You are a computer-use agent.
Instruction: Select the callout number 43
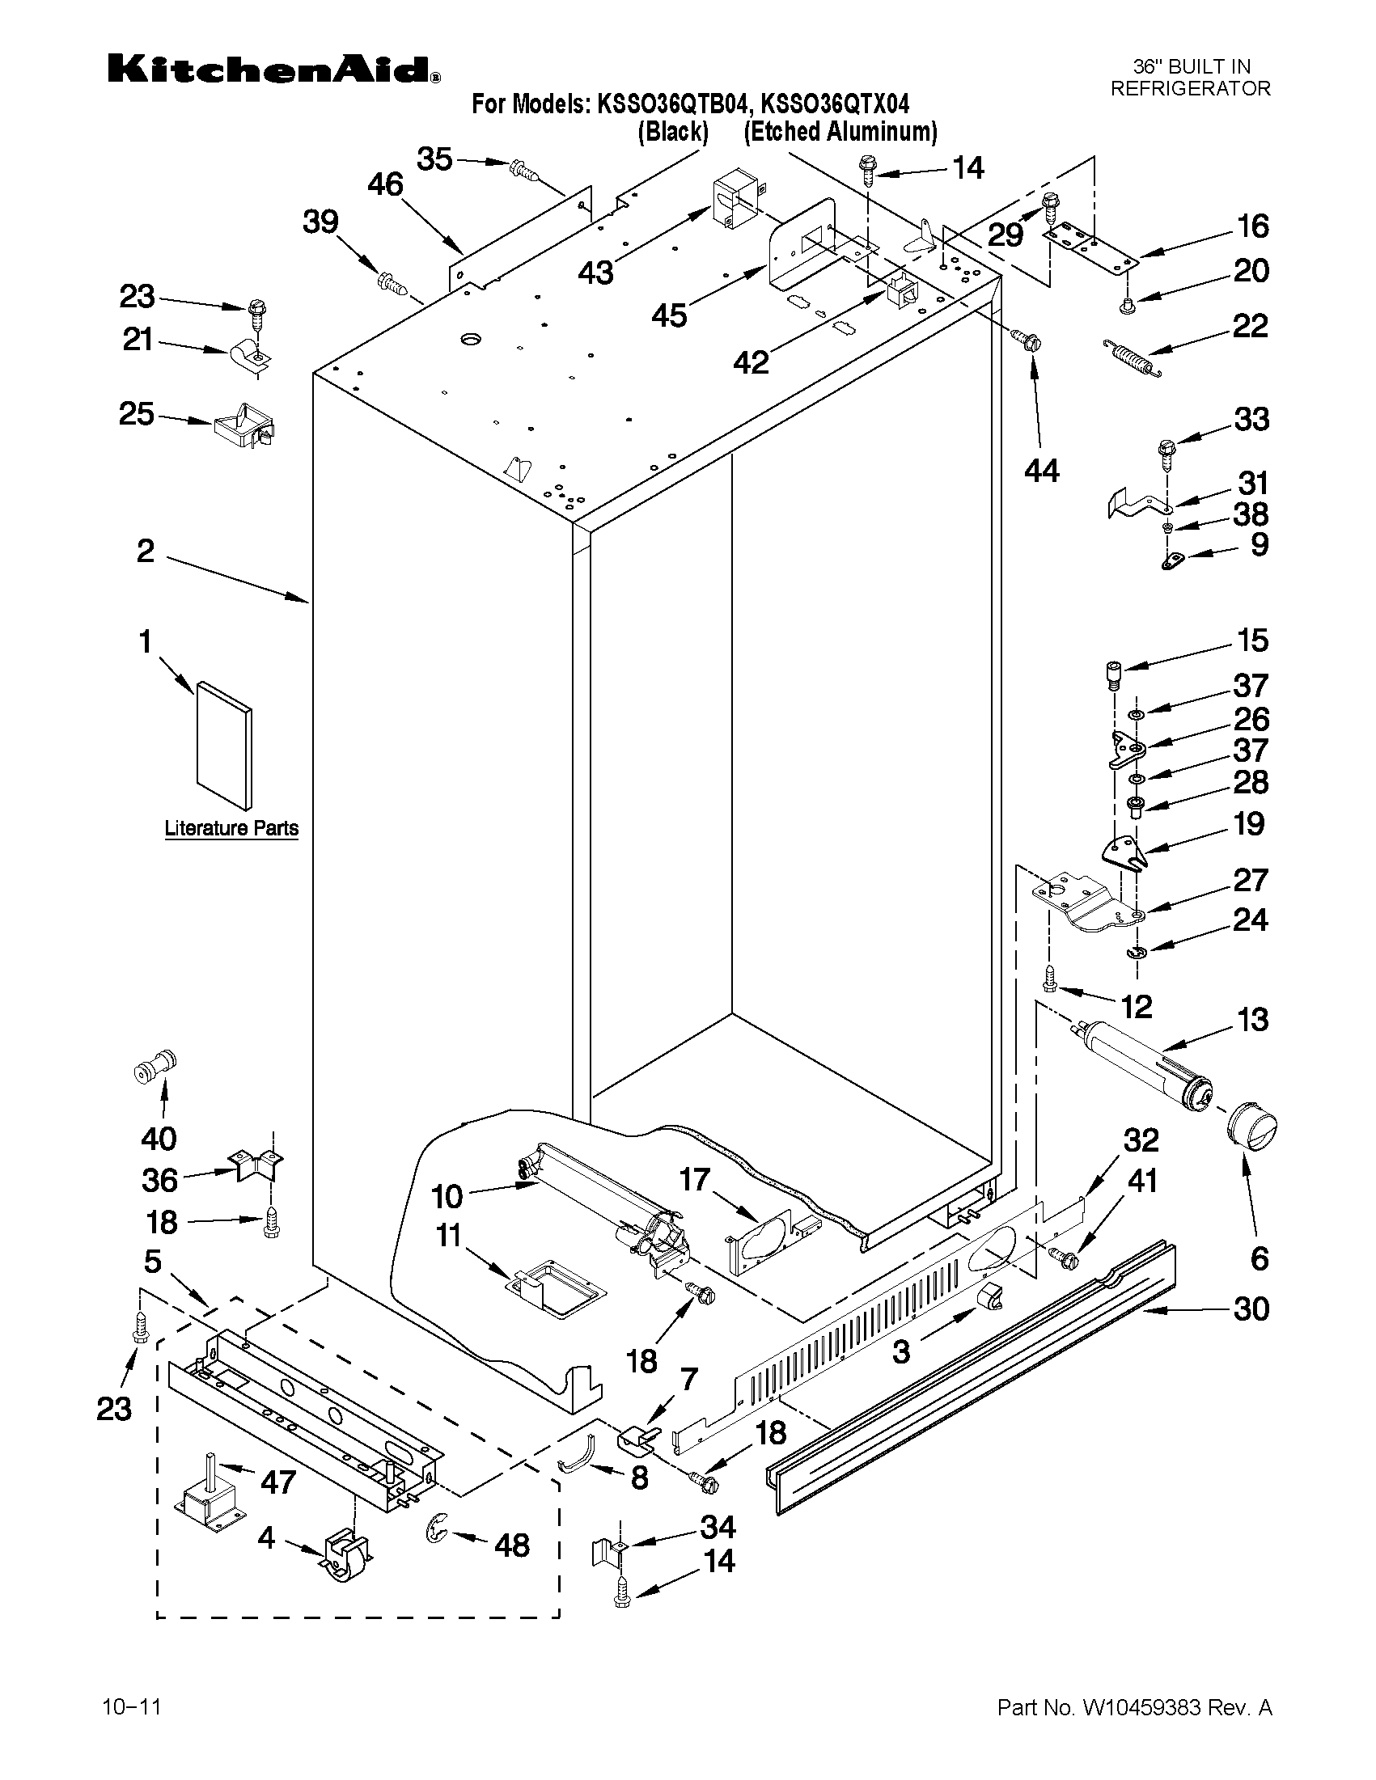595,273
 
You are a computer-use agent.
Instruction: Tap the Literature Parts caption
231,828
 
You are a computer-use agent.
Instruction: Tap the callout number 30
1251,1309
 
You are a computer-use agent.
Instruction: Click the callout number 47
277,1482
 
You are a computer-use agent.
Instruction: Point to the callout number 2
145,552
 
